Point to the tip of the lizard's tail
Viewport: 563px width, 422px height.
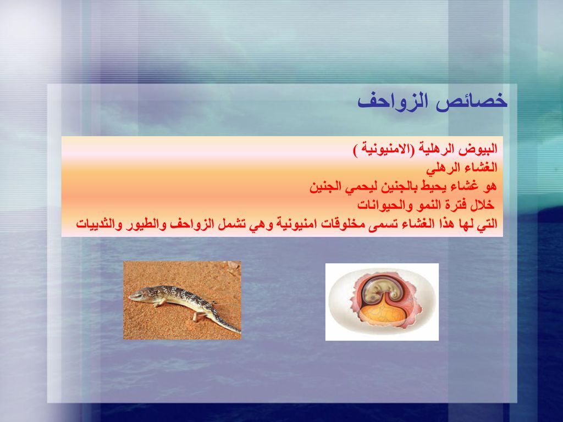coord(240,332)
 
